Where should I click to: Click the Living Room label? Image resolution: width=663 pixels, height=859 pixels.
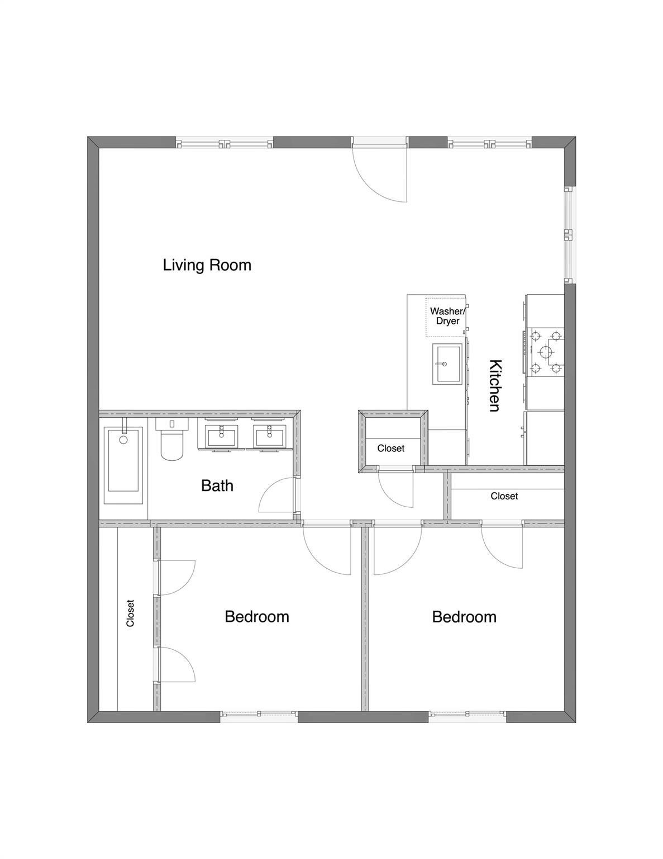click(207, 265)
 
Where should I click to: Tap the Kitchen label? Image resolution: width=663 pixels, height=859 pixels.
click(495, 385)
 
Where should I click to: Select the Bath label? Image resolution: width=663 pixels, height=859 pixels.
click(217, 485)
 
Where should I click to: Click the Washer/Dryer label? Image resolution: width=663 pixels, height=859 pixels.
click(448, 316)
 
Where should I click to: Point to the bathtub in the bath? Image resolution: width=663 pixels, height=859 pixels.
click(123, 465)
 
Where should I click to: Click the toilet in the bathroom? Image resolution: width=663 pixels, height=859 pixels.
click(171, 439)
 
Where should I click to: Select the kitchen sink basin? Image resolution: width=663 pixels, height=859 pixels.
click(447, 364)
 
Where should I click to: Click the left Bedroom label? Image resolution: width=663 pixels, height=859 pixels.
click(257, 617)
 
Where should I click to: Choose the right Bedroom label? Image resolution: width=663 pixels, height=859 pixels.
click(464, 617)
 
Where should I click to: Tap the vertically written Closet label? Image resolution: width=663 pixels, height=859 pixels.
click(130, 613)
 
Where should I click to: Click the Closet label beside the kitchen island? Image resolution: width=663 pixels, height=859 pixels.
click(390, 449)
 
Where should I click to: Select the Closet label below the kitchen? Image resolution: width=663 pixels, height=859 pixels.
click(504, 496)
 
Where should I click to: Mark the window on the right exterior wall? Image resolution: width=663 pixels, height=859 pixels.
click(569, 235)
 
